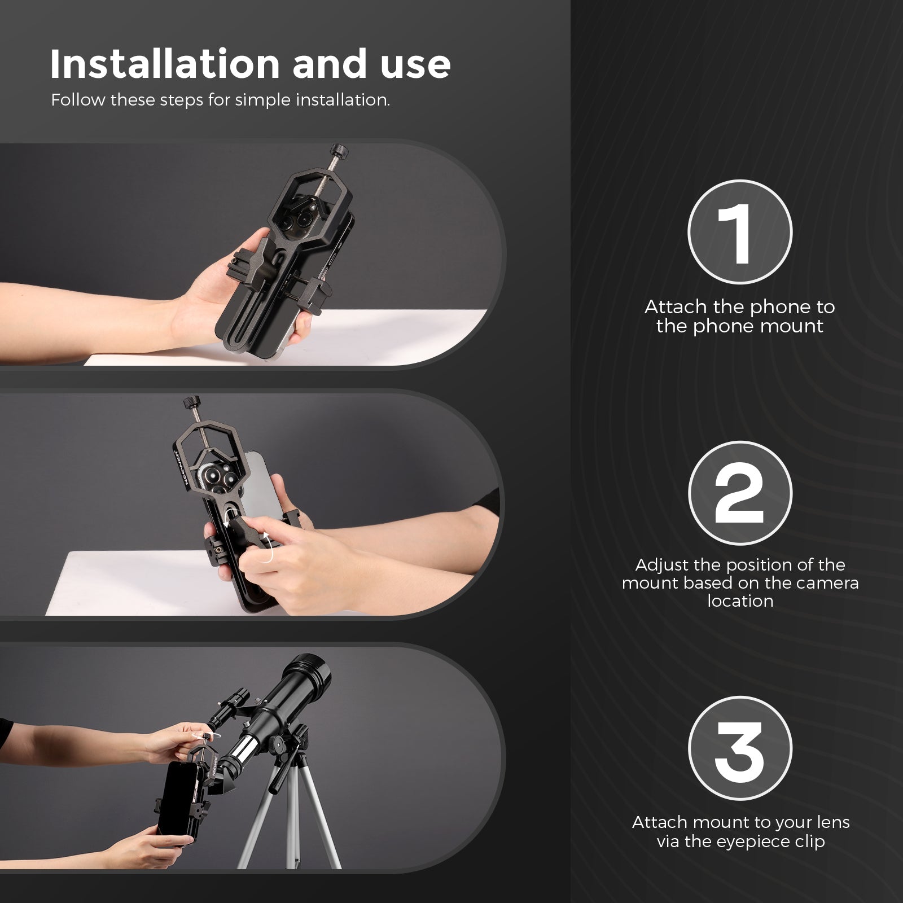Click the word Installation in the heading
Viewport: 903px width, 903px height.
[x=165, y=64]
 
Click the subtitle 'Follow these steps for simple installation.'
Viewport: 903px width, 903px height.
[x=220, y=100]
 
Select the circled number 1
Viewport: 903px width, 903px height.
[x=739, y=232]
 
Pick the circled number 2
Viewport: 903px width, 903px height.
[x=739, y=493]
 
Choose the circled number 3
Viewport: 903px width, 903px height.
[x=739, y=748]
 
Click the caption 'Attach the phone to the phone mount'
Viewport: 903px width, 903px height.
[x=739, y=316]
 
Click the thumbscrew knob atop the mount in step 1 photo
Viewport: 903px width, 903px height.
[x=340, y=150]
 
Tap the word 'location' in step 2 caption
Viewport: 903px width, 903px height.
[x=740, y=600]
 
